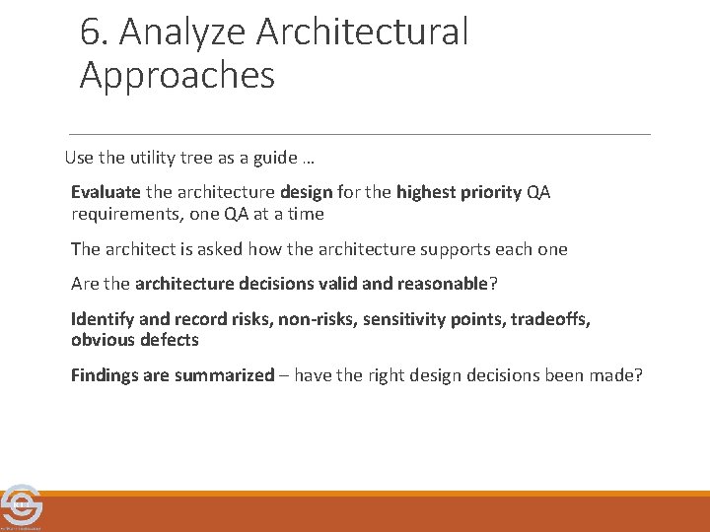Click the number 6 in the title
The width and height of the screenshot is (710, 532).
point(91,33)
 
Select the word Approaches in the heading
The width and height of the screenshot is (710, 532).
point(177,76)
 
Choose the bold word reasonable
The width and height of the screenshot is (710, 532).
point(442,285)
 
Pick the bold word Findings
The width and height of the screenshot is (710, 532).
point(106,375)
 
